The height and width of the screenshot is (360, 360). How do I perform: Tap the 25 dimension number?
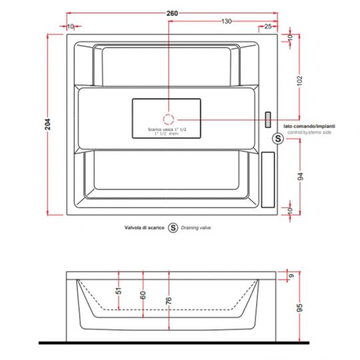[x=267, y=27]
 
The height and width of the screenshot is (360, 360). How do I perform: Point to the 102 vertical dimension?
[x=300, y=81]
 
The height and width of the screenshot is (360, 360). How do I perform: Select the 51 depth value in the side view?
[x=119, y=291]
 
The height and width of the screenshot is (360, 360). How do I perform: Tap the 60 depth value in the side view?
[x=143, y=294]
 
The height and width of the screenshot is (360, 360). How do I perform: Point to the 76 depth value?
[x=169, y=299]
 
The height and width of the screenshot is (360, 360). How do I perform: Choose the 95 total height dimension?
[x=299, y=308]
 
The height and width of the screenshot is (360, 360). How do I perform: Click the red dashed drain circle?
[x=169, y=119]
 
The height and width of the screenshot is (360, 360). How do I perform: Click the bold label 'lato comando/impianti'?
[x=309, y=126]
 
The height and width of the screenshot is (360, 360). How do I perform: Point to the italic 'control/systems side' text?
[x=308, y=133]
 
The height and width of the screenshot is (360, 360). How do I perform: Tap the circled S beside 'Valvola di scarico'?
[x=173, y=227]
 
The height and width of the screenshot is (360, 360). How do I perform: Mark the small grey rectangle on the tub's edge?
[x=268, y=119]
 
